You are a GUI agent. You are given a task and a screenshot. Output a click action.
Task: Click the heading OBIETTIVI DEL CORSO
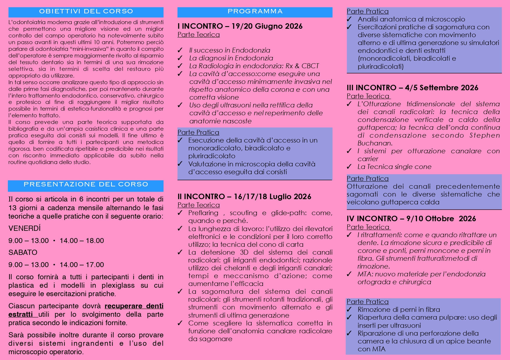click(86, 11)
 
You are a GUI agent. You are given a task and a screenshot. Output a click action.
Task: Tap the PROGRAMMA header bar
click(255, 11)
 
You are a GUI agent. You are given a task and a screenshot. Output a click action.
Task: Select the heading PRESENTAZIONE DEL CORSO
click(86, 184)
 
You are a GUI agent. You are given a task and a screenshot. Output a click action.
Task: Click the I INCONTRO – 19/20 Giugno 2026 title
click(240, 26)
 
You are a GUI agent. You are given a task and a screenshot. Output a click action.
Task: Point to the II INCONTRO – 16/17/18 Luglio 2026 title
click(244, 197)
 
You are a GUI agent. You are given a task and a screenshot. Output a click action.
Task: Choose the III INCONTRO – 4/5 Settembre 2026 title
click(412, 88)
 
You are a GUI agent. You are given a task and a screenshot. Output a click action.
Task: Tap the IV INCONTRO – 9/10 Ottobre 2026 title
click(411, 219)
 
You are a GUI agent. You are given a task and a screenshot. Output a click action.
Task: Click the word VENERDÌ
click(25, 228)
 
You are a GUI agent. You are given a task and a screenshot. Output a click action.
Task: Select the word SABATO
click(23, 253)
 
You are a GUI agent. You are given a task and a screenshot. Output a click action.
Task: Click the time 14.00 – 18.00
click(82, 241)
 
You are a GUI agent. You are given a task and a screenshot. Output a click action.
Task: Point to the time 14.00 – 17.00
click(82, 265)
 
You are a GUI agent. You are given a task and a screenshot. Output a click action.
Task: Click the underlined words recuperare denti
click(134, 306)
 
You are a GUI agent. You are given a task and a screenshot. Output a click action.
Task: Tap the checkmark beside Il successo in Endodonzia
click(180, 51)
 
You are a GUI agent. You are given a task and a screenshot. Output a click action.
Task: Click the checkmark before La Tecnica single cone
click(349, 167)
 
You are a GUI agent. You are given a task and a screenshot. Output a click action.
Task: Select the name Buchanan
click(375, 143)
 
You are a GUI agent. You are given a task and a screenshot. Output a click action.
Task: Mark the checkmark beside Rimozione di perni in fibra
click(349, 310)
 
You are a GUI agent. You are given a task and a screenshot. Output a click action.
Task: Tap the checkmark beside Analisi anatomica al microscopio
click(349, 19)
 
